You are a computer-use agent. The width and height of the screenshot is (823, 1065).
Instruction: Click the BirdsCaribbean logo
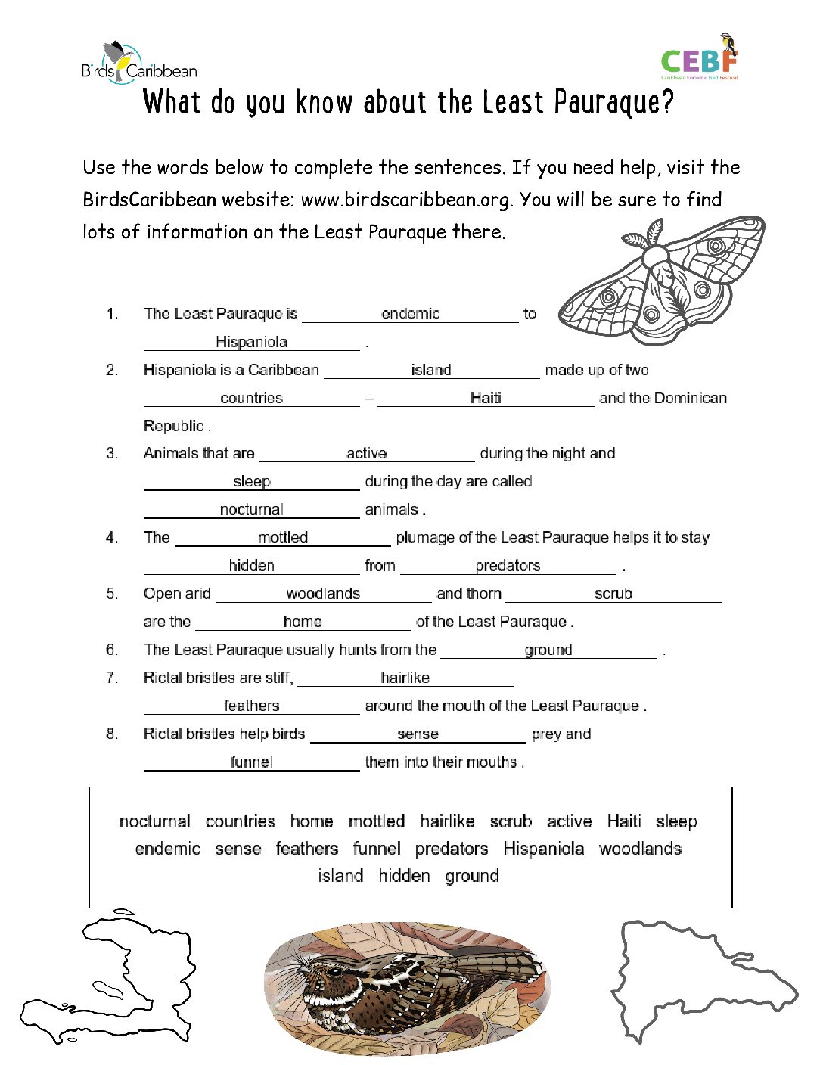click(x=138, y=63)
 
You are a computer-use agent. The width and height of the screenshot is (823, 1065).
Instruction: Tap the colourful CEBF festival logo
click(x=700, y=58)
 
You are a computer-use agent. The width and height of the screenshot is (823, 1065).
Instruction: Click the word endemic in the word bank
click(x=167, y=849)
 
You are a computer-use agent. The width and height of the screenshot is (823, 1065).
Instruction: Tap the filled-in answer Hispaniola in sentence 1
click(x=251, y=342)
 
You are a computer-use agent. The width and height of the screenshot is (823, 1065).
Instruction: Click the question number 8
click(x=112, y=734)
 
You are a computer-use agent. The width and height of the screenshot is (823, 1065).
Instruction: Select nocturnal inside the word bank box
click(x=155, y=821)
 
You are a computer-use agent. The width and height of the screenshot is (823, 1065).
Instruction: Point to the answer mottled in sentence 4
click(x=282, y=538)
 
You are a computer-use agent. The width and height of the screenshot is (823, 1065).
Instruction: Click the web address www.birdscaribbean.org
click(x=405, y=200)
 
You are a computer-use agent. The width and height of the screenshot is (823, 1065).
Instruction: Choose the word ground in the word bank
click(x=472, y=876)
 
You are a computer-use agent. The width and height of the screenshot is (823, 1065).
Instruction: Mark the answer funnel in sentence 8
click(x=251, y=762)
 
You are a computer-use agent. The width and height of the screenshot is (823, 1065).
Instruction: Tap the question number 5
click(x=112, y=594)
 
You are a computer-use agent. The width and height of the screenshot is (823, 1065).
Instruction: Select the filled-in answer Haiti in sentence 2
click(x=486, y=398)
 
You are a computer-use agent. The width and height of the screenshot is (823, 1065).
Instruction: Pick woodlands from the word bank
click(x=640, y=849)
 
